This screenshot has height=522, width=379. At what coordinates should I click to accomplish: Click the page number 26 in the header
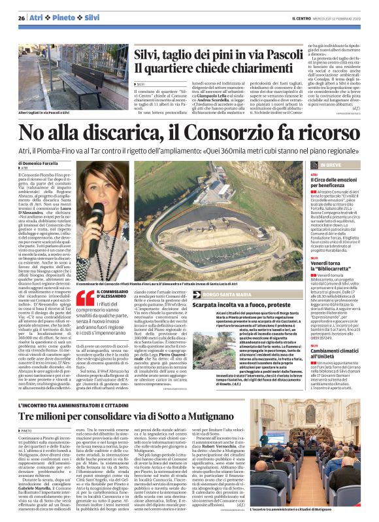[x=22, y=17]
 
